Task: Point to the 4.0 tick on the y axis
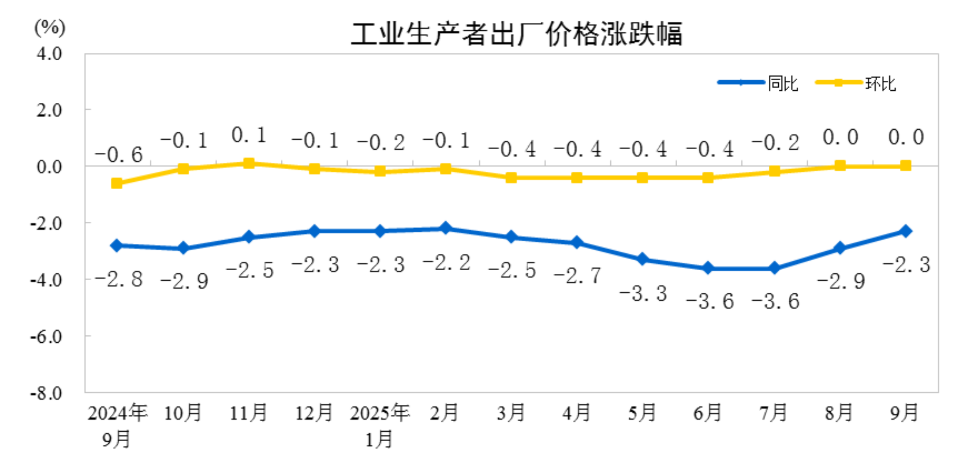click(49, 54)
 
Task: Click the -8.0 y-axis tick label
click(46, 393)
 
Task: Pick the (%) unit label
click(49, 28)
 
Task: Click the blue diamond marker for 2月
click(445, 228)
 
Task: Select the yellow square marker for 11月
click(249, 163)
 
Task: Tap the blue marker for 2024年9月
click(117, 246)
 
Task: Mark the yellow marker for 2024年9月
click(117, 183)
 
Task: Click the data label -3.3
click(643, 294)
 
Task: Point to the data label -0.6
click(119, 155)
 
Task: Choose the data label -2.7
click(577, 275)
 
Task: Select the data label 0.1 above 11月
click(249, 135)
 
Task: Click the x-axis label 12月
click(314, 413)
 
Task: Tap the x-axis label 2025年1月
click(379, 426)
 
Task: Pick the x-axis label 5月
click(642, 413)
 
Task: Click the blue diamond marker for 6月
click(708, 268)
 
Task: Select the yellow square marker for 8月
click(839, 166)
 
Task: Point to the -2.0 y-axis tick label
click(46, 223)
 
